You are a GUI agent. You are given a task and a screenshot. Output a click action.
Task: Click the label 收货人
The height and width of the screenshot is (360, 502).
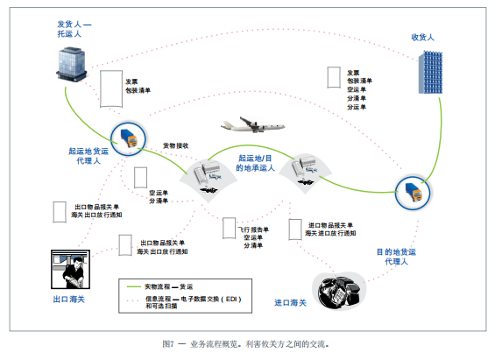point(423,38)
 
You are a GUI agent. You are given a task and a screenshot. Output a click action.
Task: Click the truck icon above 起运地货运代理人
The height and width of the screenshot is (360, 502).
point(126,136)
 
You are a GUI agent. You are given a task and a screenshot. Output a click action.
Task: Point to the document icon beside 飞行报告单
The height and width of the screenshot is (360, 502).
point(230,229)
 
